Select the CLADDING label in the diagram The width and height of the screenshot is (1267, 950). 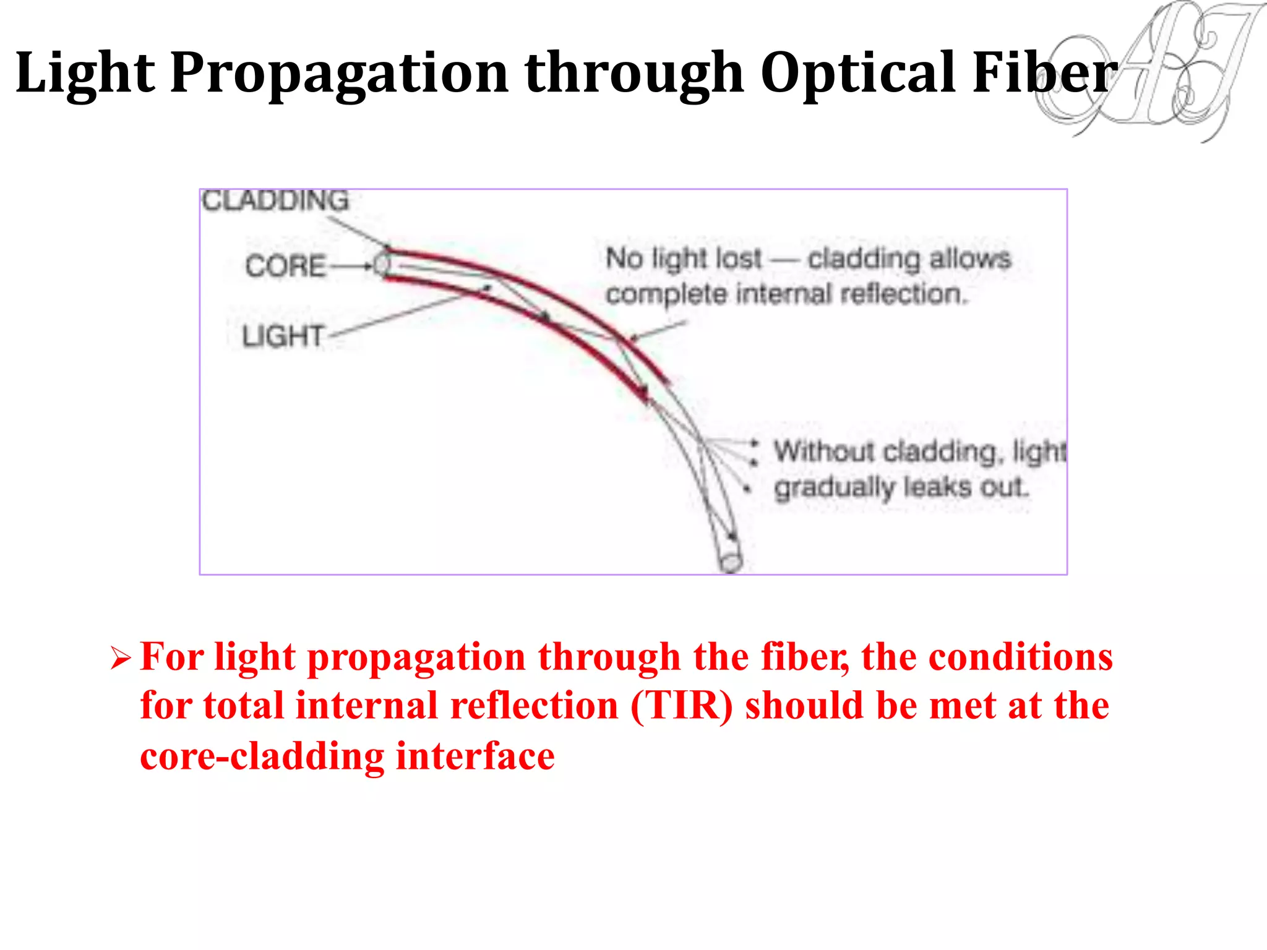(x=275, y=201)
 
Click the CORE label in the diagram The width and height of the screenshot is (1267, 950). (x=285, y=267)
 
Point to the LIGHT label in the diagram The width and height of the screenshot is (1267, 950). (x=283, y=337)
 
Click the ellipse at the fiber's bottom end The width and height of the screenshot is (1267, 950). (x=731, y=562)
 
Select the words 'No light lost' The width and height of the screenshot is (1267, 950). (x=684, y=259)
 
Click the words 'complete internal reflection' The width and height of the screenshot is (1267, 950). (x=786, y=294)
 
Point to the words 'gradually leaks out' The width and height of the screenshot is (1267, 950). (x=901, y=488)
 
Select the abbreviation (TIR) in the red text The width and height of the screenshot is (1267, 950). (x=681, y=706)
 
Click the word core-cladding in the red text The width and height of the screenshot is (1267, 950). (x=262, y=756)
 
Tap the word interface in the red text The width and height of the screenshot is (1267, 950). (x=475, y=756)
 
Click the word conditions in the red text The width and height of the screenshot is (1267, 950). (x=1020, y=657)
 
